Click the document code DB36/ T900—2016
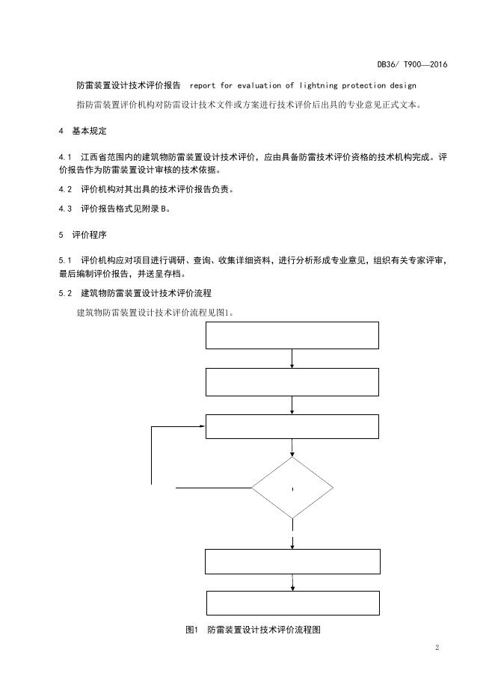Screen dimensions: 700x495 tap(412, 65)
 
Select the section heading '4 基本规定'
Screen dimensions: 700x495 tap(83, 132)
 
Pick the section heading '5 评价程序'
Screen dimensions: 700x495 tap(83, 234)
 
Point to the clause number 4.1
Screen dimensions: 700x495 tap(64, 157)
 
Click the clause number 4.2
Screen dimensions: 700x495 tap(64, 189)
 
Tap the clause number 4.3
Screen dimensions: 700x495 tap(64, 209)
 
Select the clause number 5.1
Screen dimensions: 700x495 tap(64, 260)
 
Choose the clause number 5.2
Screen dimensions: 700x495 tap(64, 292)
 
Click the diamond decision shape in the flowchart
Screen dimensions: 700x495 tap(292, 488)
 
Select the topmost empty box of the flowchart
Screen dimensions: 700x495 tap(292, 336)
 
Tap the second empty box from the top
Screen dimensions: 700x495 tap(292, 382)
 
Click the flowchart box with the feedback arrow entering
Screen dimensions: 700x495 tap(292, 426)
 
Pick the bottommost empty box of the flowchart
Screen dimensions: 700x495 tap(292, 603)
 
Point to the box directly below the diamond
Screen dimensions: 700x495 tap(292, 561)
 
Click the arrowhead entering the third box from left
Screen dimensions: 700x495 tap(202, 426)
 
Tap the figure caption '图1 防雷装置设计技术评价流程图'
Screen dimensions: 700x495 tap(253, 630)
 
